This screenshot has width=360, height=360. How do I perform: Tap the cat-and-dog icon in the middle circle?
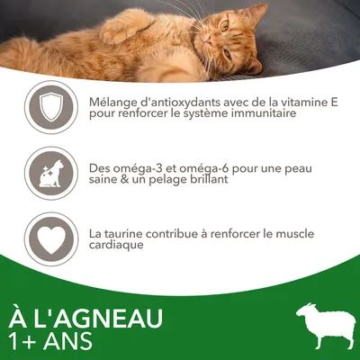(47, 172)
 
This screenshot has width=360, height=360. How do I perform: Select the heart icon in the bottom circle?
(47, 237)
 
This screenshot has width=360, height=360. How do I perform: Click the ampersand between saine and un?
(125, 179)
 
